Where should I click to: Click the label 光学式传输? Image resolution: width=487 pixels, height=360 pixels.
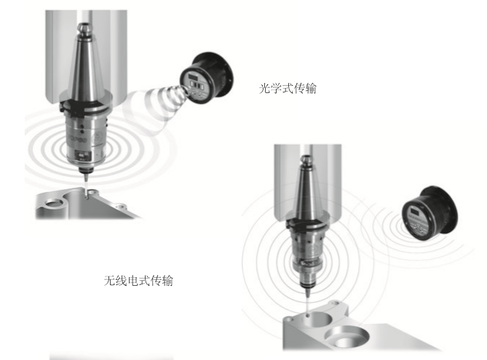pyautogui.click(x=288, y=89)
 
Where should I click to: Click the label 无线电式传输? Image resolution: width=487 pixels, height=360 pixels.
pyautogui.click(x=138, y=281)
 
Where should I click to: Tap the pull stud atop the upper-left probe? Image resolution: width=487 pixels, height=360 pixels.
pyautogui.click(x=84, y=28)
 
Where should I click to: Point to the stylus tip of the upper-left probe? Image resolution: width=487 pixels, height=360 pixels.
pyautogui.click(x=86, y=195)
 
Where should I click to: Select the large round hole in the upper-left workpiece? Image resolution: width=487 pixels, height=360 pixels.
pyautogui.click(x=55, y=204)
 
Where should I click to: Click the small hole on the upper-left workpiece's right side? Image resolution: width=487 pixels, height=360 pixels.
pyautogui.click(x=120, y=206)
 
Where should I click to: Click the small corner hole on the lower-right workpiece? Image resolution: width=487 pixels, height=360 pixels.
pyautogui.click(x=290, y=319)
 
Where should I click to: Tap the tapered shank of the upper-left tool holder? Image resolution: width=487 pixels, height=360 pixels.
pyautogui.click(x=85, y=65)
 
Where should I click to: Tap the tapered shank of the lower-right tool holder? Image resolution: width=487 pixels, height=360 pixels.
pyautogui.click(x=307, y=193)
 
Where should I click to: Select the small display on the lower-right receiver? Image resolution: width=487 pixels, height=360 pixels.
pyautogui.click(x=414, y=212)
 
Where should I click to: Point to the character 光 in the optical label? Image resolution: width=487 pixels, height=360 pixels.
pyautogui.click(x=264, y=89)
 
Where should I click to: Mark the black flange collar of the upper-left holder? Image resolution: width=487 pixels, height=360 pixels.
pyautogui.click(x=84, y=107)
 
